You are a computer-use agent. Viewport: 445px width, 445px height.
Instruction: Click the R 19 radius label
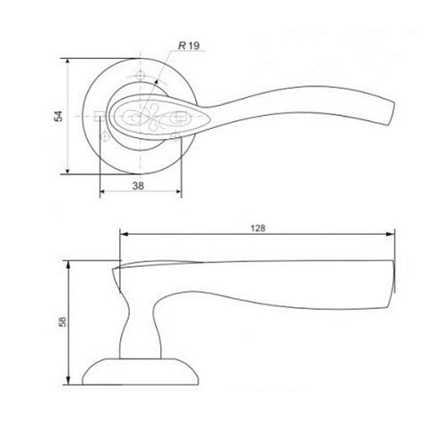189,45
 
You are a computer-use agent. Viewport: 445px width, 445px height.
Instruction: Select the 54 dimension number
59,116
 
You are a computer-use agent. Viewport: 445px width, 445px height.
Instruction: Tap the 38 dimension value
138,186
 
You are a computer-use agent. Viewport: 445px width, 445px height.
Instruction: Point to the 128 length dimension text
258,228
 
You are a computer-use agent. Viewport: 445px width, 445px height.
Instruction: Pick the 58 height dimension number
62,322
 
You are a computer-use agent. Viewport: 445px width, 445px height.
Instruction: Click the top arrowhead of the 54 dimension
68,61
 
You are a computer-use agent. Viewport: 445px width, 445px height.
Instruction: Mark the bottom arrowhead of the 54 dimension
68,171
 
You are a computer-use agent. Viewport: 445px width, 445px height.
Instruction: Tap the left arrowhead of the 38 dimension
102,192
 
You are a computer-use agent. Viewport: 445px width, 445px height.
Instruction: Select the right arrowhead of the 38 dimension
178,192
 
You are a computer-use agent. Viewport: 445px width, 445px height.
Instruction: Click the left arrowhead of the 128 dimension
124,234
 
